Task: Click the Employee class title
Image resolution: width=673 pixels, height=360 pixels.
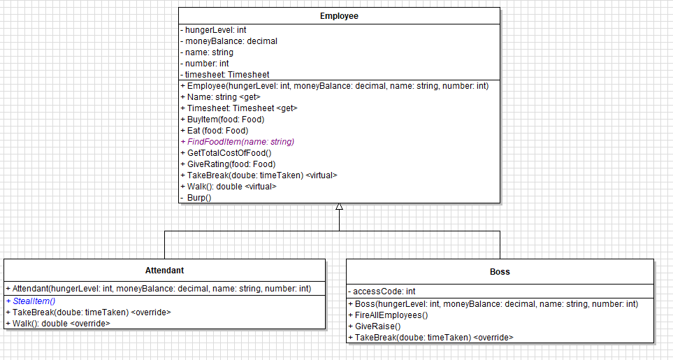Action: coord(339,15)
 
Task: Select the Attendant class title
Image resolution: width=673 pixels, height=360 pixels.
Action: coord(164,270)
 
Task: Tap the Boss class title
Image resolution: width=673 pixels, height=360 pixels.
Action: coord(500,271)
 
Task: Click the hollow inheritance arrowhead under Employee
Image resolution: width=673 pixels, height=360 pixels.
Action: coord(339,207)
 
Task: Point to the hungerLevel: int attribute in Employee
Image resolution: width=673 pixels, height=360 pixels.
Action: coord(215,30)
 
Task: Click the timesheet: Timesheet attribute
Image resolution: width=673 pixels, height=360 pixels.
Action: coord(226,75)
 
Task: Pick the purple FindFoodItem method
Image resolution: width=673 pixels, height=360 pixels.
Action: coord(238,142)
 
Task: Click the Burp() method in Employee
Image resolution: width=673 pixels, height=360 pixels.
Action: coord(198,198)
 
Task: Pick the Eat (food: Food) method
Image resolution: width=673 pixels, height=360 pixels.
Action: coord(218,131)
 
